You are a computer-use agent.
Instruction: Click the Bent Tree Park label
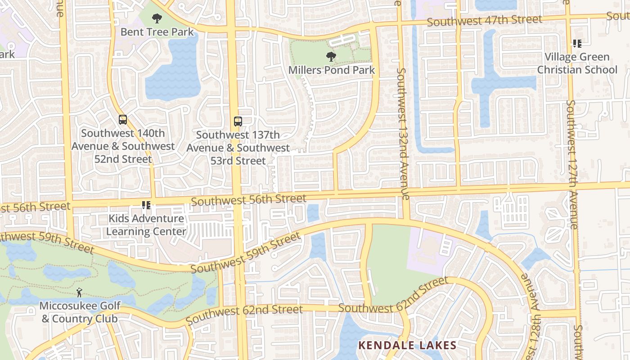(157, 32)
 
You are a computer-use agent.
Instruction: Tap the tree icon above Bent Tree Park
(157, 18)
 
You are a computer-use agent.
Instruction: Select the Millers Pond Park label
(331, 70)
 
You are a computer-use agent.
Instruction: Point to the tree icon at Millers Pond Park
(331, 57)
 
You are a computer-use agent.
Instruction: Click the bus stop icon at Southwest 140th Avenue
(123, 120)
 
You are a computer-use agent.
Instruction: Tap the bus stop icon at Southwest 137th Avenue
(238, 121)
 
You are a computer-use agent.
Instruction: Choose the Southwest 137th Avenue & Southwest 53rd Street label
(238, 148)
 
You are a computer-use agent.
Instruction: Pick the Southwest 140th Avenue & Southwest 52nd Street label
(123, 146)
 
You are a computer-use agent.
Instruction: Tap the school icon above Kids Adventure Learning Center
(146, 206)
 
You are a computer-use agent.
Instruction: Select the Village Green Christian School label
(577, 63)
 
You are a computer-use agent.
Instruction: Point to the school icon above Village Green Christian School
(577, 44)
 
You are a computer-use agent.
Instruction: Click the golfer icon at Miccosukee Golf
(80, 292)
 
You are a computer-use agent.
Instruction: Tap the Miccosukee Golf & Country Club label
(80, 312)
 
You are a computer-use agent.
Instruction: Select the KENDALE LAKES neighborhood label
(407, 346)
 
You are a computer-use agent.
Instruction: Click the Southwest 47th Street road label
(484, 20)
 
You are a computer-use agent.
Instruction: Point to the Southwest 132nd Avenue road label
(402, 134)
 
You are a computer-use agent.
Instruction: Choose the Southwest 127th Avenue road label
(572, 164)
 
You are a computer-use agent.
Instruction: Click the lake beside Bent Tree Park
(175, 72)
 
